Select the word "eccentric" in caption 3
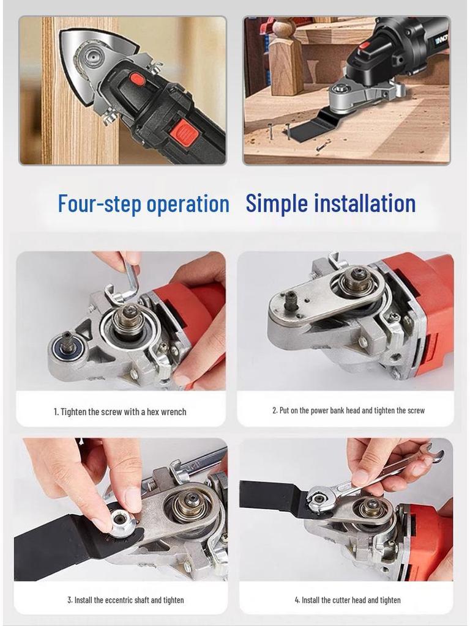(x=127, y=600)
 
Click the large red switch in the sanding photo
(x=186, y=133)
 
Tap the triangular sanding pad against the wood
(x=92, y=58)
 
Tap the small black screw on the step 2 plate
(x=291, y=300)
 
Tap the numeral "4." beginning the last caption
(x=297, y=600)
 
